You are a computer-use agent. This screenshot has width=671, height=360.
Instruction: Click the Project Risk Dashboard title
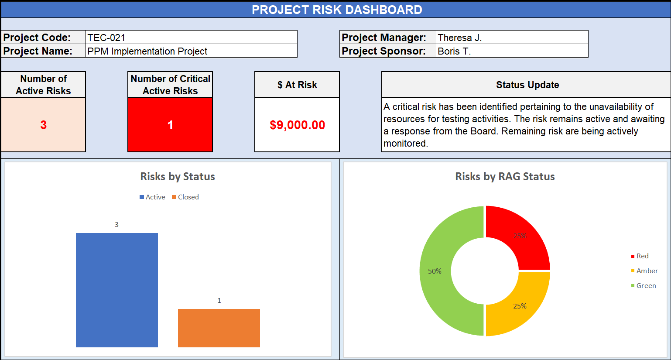pos(336,10)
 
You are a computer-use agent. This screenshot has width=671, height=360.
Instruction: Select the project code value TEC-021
pos(106,38)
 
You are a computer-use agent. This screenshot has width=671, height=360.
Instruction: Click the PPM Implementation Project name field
pos(147,51)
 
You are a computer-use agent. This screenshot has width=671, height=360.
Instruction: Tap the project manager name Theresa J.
pos(459,38)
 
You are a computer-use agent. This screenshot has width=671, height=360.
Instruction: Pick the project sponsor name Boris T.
pos(454,51)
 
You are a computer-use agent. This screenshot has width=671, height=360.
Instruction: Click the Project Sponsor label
pos(383,51)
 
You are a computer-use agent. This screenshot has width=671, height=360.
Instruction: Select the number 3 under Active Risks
pos(43,125)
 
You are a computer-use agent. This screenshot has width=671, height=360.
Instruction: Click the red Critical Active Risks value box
pos(170,125)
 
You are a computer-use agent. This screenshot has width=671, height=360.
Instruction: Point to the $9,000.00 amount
pos(297,125)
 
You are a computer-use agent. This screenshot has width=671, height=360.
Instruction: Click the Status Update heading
pos(527,85)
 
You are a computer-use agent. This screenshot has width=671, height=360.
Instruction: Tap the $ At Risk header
pos(297,85)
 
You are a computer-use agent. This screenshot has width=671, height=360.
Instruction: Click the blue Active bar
pos(116,290)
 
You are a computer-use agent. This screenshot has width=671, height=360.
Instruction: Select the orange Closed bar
pos(219,328)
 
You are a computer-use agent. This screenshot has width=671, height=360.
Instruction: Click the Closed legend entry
pos(185,197)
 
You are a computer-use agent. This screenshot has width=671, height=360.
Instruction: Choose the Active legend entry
pos(152,197)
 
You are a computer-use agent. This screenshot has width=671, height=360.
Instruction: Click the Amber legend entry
pos(644,271)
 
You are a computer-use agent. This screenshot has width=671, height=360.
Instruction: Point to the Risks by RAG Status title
pos(505,176)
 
